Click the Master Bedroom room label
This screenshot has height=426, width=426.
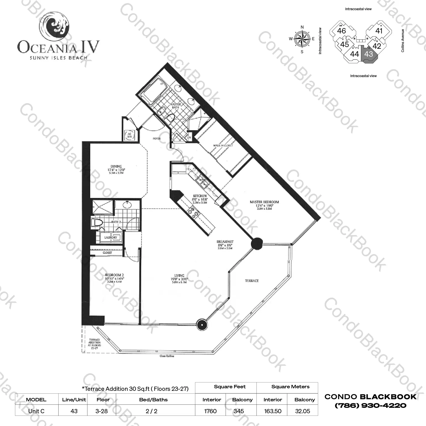click(264, 202)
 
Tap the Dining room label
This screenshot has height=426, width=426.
click(116, 167)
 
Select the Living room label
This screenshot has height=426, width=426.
click(179, 275)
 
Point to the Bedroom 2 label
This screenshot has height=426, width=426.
click(114, 275)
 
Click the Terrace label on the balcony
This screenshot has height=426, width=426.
click(252, 281)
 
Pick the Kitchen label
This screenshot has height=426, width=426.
click(200, 196)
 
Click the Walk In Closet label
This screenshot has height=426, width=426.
click(223, 146)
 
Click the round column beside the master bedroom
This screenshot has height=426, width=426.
click(257, 243)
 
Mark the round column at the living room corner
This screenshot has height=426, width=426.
click(202, 324)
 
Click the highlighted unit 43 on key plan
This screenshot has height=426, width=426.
click(369, 54)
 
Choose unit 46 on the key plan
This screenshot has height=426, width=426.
click(342, 31)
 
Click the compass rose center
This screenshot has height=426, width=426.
click(302, 39)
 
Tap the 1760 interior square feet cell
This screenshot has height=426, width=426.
click(211, 411)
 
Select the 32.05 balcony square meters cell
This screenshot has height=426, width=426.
click(302, 411)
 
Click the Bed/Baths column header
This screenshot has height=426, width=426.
click(153, 400)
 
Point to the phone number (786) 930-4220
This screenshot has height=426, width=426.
click(371, 406)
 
